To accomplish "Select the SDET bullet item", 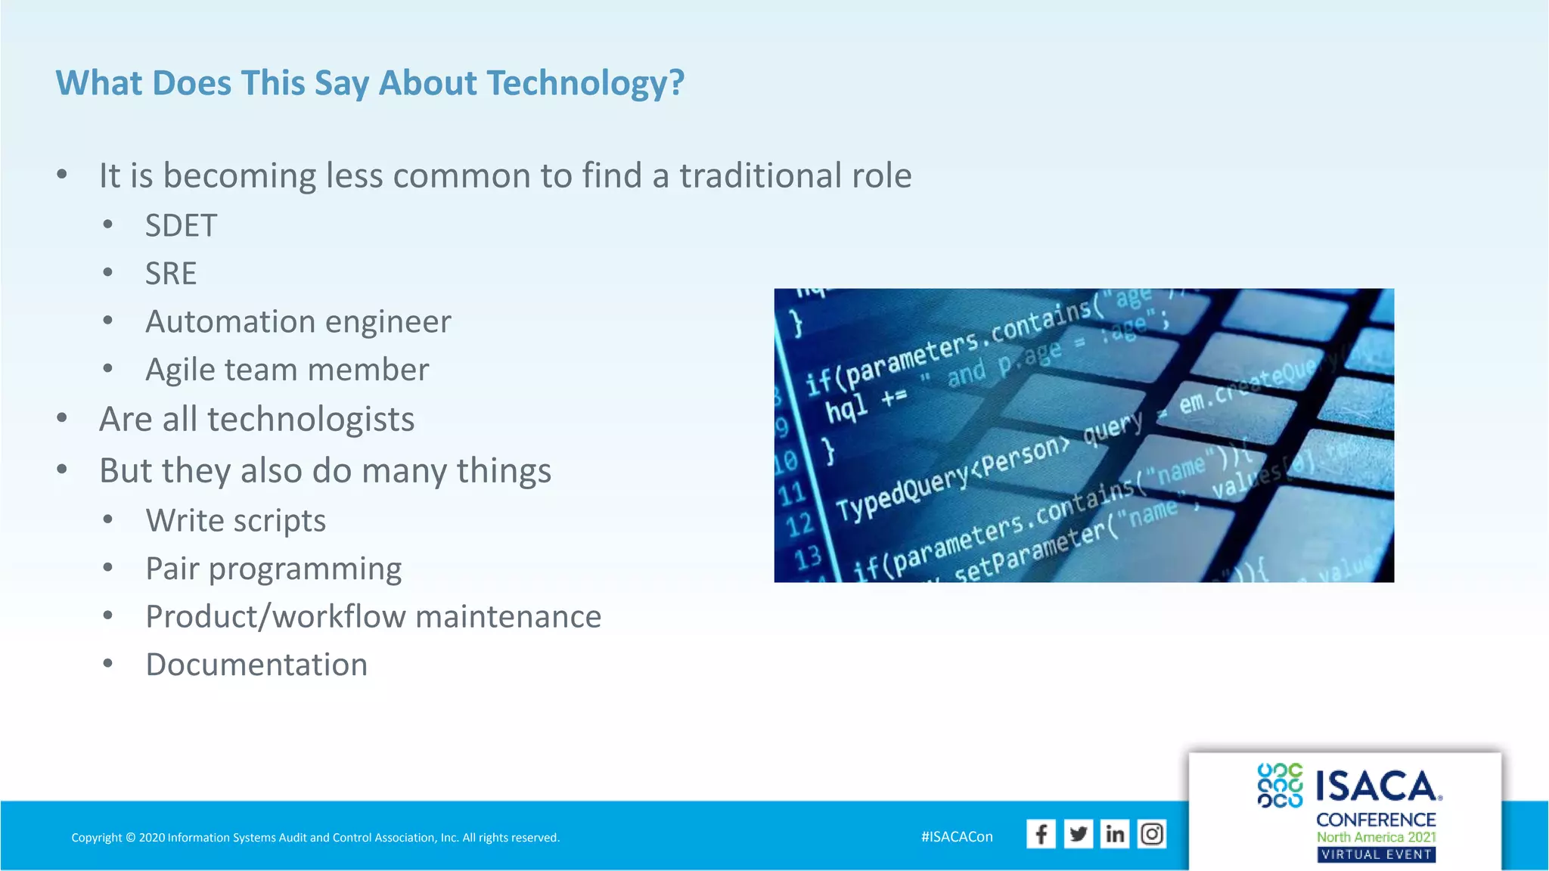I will coord(181,226).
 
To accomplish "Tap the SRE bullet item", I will coord(171,274).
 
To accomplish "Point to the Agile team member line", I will coord(287,370).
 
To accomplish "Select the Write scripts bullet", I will coord(235,521).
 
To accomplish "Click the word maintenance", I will coord(508,617).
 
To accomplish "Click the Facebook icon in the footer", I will coord(1041,834).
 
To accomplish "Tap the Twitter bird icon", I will coord(1078,834).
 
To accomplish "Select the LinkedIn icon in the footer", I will coord(1115,834).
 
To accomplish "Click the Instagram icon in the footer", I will coord(1152,834).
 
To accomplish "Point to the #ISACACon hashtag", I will coord(957,837).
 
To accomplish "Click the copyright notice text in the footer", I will coord(315,838).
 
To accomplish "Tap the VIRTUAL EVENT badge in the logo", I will coord(1376,855).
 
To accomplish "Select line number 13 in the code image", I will coord(808,558).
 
